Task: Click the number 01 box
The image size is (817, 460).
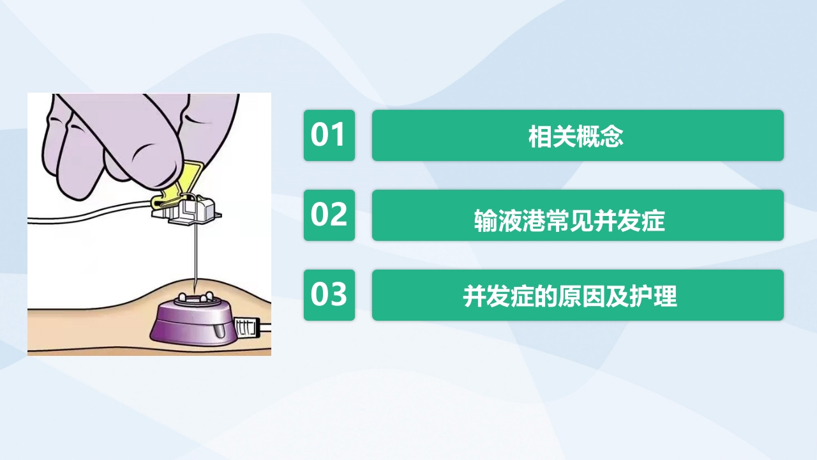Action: [x=329, y=135]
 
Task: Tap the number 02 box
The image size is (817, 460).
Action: [x=329, y=215]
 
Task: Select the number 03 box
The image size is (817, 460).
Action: [x=329, y=295]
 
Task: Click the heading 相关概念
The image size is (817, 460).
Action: [x=576, y=136]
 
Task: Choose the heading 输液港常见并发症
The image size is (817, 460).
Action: [x=569, y=221]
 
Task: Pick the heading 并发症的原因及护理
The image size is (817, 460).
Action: [x=569, y=296]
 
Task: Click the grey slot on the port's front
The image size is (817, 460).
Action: [x=218, y=332]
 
